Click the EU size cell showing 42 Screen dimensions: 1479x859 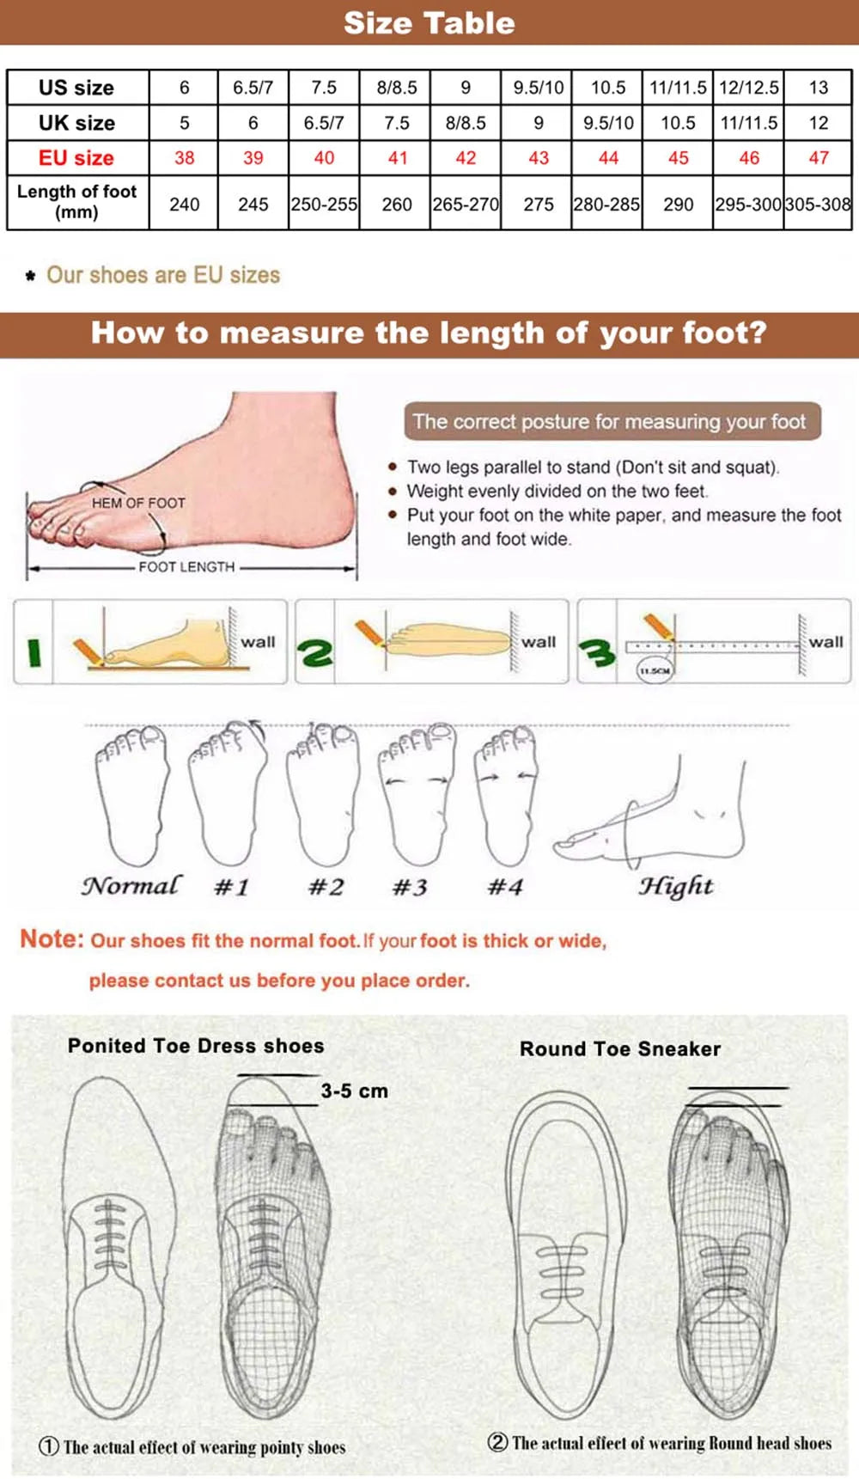(x=466, y=158)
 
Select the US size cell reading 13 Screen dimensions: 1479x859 (x=818, y=88)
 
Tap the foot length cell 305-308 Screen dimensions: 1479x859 (x=818, y=205)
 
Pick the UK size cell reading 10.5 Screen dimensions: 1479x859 (x=678, y=123)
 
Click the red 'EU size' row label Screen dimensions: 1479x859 (x=76, y=158)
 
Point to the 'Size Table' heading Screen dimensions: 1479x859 (x=429, y=23)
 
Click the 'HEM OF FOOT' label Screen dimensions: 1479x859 (x=138, y=503)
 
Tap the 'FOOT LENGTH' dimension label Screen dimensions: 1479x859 (x=186, y=567)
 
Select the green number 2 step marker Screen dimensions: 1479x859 (x=315, y=653)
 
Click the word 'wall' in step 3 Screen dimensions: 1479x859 (x=825, y=642)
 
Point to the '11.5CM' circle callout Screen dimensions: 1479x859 (x=655, y=670)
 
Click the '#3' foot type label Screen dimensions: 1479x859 (x=410, y=887)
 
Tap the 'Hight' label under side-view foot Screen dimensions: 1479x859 (x=675, y=886)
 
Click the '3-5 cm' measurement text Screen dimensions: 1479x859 (x=355, y=1091)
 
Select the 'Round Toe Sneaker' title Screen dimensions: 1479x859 (x=620, y=1048)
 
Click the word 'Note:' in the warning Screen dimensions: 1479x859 (x=52, y=938)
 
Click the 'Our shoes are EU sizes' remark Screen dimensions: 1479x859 (x=163, y=275)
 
